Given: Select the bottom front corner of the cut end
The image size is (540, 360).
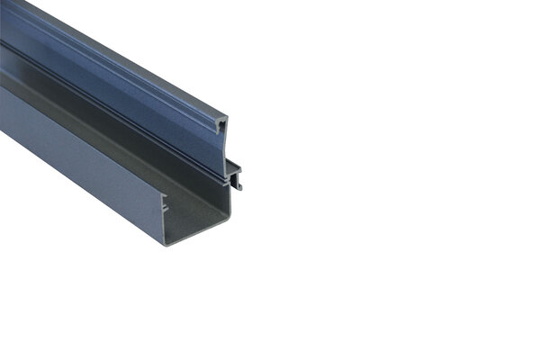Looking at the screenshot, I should (x=165, y=244).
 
